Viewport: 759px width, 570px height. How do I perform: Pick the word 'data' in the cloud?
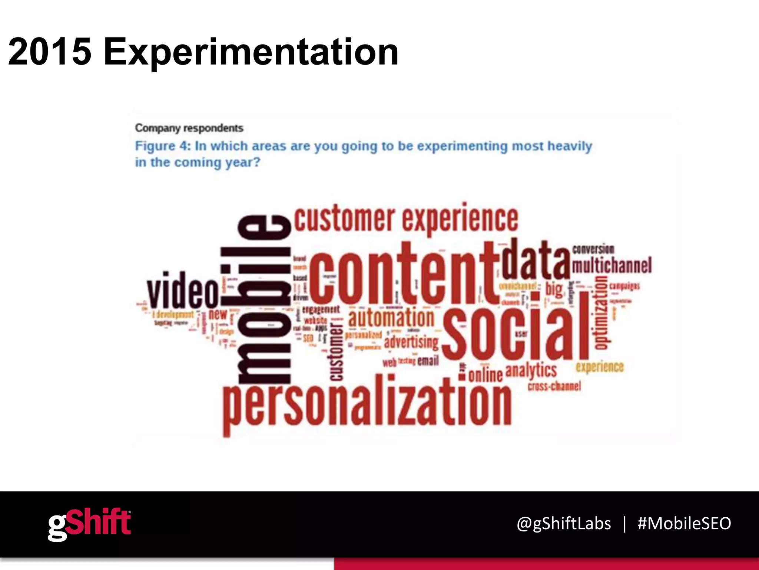click(x=536, y=260)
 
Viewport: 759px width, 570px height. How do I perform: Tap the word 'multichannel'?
click(x=611, y=266)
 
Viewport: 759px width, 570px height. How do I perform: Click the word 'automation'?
click(x=391, y=318)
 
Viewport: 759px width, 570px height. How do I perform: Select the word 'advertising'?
click(x=411, y=342)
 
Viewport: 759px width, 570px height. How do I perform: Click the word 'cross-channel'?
click(x=554, y=386)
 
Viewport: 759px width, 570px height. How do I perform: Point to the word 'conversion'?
click(x=593, y=249)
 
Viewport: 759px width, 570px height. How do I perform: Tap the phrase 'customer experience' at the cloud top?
click(x=406, y=219)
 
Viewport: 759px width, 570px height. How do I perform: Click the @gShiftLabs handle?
click(x=563, y=524)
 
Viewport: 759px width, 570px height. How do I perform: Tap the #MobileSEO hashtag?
click(x=684, y=524)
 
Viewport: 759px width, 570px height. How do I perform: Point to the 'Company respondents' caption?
click(x=189, y=128)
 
